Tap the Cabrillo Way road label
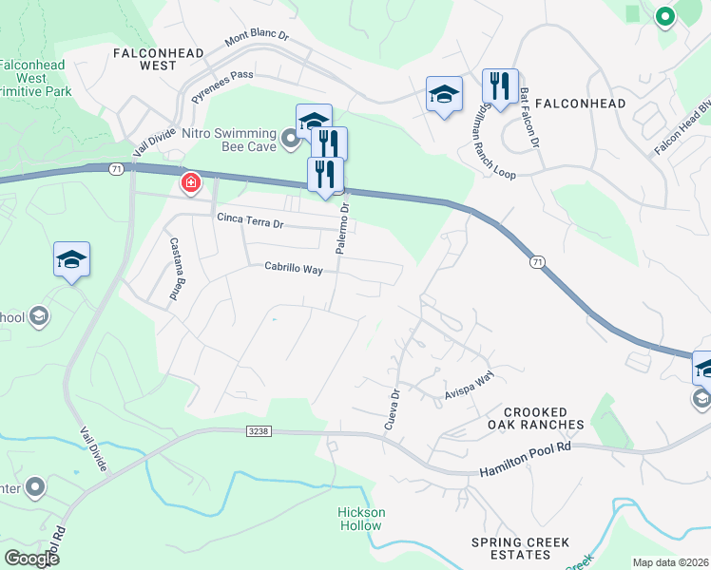[x=294, y=269]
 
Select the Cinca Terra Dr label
[x=251, y=222]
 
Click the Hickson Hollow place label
[x=362, y=519]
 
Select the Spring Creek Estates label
[x=521, y=549]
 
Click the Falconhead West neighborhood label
[x=158, y=59]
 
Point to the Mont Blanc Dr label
[x=257, y=39]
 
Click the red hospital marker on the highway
[x=191, y=181]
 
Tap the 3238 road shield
[x=259, y=431]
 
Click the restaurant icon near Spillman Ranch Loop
[x=500, y=86]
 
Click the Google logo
[x=31, y=559]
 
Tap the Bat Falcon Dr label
[x=530, y=118]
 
